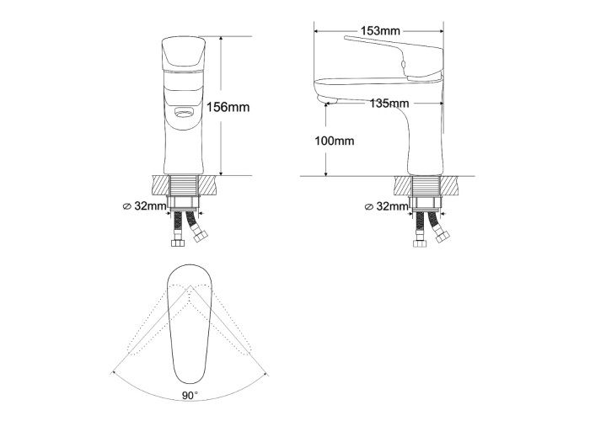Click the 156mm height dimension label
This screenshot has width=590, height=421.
coord(228,107)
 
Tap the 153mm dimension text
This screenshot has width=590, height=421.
coord(380,30)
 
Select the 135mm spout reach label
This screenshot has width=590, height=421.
coord(389,103)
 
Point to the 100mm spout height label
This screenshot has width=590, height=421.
coord(335,141)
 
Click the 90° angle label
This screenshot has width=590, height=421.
coord(190,396)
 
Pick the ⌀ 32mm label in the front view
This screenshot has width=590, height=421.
coord(145,206)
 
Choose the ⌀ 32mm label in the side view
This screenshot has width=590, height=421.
coord(387,206)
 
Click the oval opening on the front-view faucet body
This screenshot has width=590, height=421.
coord(184,112)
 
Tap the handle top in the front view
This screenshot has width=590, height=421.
coord(184,53)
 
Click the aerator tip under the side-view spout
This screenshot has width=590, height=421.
coord(327,100)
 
